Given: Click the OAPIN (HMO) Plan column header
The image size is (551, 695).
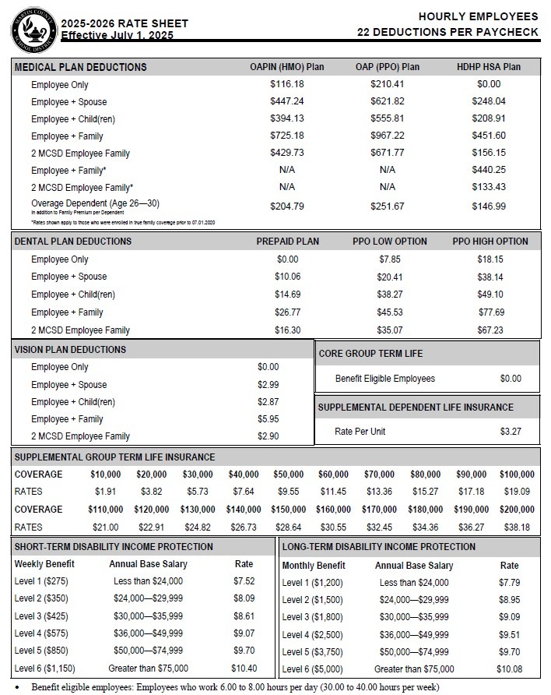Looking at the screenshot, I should (286, 67).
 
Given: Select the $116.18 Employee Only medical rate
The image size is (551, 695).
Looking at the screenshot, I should (286, 84).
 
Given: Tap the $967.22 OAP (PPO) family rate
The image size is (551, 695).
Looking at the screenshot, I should (388, 136).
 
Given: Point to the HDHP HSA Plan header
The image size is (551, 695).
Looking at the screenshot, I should (489, 67).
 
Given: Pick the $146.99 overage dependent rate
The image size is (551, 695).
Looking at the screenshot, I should (489, 206).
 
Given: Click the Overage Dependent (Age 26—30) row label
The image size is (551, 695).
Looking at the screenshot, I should (95, 203).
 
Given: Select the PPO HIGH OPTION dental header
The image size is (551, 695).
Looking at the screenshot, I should (490, 242).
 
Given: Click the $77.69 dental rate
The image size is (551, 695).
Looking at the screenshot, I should (490, 312).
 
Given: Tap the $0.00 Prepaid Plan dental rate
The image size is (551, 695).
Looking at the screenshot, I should (287, 259).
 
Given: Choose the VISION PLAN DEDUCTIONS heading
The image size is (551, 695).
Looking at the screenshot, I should (70, 350).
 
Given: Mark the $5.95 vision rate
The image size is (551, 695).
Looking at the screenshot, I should (268, 419).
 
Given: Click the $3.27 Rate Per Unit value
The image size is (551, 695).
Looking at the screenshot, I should (511, 432).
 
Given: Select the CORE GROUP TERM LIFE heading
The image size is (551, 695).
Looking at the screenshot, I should (370, 354).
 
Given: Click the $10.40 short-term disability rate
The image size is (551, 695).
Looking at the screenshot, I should (244, 668).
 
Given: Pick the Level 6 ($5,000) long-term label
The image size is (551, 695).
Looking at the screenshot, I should (312, 669).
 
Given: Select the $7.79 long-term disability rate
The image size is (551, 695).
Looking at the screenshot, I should (510, 583).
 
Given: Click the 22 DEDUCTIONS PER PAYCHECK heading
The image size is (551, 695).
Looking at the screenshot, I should (447, 32).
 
